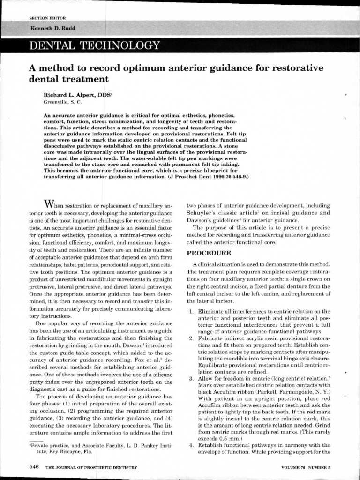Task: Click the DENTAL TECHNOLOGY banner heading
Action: tap(94, 45)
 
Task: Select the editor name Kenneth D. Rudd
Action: tap(52, 28)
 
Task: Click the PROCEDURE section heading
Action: tap(209, 253)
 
